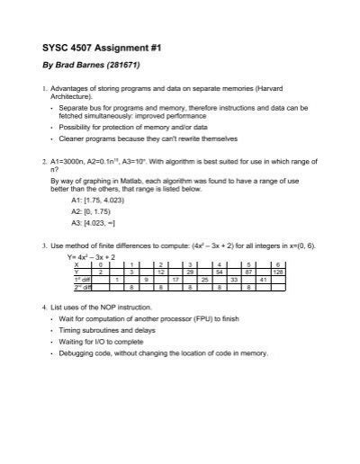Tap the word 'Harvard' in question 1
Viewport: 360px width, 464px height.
(x=281, y=89)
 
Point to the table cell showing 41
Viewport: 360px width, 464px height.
(x=262, y=280)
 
